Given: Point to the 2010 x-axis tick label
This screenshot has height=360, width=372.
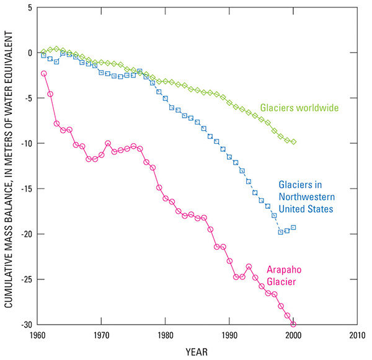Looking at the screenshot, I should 356,336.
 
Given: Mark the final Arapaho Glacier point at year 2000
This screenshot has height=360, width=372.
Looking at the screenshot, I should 293,324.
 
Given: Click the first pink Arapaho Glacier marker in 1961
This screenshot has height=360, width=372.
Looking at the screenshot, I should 44,73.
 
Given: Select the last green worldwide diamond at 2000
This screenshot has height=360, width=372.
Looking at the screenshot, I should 293,142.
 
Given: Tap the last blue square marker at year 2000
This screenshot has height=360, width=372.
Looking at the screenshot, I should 293,227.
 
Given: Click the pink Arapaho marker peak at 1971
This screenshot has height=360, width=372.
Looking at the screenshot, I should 108,143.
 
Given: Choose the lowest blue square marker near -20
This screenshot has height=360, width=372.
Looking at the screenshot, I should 280,232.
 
